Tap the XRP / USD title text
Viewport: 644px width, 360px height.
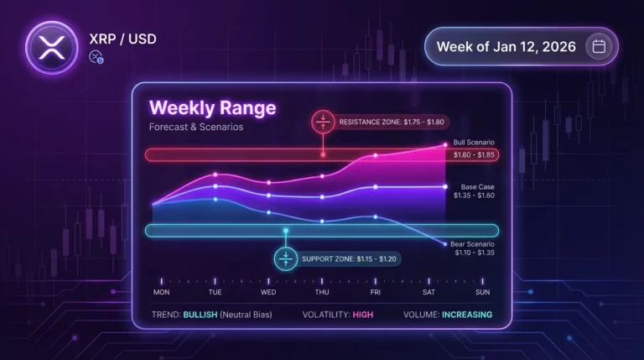click(122, 38)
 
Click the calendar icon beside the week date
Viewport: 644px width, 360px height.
click(599, 46)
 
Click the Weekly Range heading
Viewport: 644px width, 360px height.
click(212, 108)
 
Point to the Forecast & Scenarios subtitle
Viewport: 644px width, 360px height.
click(195, 128)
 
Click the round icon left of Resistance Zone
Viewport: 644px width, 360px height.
click(323, 122)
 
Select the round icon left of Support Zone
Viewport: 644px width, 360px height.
click(286, 258)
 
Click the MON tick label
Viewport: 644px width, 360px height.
click(161, 292)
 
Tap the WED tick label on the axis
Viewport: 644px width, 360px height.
click(268, 292)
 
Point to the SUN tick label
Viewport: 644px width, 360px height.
click(482, 292)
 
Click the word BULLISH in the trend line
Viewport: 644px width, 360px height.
click(205, 315)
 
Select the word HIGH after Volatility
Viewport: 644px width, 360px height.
click(363, 315)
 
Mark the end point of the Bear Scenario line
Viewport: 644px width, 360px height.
click(444, 243)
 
